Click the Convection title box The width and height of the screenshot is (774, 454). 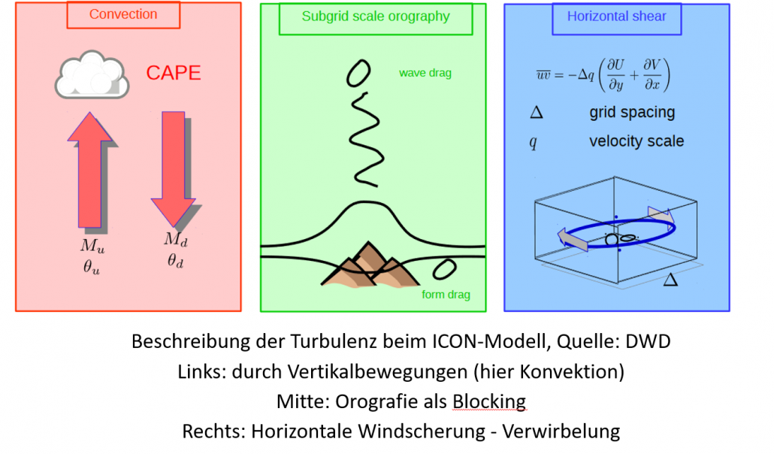(123, 15)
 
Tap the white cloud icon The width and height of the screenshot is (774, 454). (92, 74)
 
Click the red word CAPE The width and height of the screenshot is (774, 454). (174, 73)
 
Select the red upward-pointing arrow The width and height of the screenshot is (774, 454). (90, 169)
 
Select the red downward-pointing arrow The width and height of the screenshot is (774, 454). (174, 169)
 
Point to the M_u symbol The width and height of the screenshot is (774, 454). (92, 246)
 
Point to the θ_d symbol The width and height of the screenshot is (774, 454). (176, 260)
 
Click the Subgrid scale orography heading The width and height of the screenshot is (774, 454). (376, 17)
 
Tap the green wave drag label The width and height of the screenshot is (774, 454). (425, 73)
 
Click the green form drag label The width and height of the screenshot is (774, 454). (446, 295)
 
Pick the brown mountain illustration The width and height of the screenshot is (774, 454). (370, 265)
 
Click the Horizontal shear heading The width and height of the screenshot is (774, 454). (616, 17)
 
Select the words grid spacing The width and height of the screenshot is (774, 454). (632, 113)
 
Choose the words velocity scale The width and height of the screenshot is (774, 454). (636, 141)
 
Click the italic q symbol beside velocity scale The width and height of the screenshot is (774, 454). (533, 142)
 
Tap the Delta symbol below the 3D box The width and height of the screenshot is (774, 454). (670, 280)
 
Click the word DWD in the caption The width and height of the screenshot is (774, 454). (648, 341)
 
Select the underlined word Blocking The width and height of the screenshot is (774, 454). (489, 401)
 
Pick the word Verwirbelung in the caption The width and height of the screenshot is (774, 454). (561, 431)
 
